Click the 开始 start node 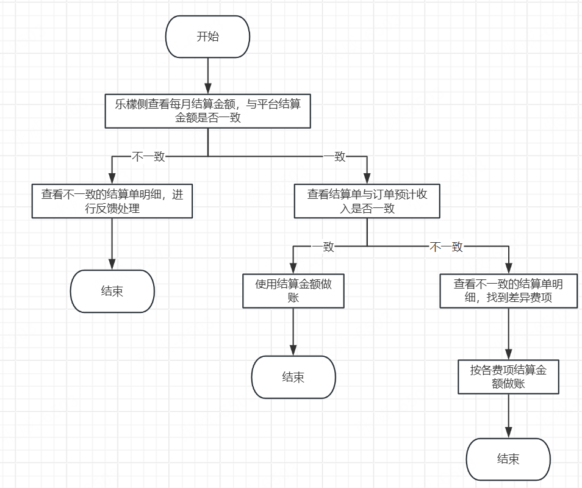point(207,37)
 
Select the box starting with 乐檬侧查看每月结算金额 point(207,111)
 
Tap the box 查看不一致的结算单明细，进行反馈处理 point(112,202)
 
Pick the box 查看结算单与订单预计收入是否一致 point(367,202)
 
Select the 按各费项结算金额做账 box point(508,376)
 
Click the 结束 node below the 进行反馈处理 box point(112,292)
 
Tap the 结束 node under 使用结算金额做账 point(293,377)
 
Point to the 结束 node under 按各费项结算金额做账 point(508,459)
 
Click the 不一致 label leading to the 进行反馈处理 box point(148,157)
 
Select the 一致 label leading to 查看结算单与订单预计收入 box point(334,157)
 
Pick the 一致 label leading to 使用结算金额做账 point(323,246)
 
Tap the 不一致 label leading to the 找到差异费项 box point(447,246)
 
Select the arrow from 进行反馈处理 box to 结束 point(112,244)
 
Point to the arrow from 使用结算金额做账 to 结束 point(293,332)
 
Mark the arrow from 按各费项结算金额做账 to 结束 point(508,416)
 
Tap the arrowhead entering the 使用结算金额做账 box point(293,268)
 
